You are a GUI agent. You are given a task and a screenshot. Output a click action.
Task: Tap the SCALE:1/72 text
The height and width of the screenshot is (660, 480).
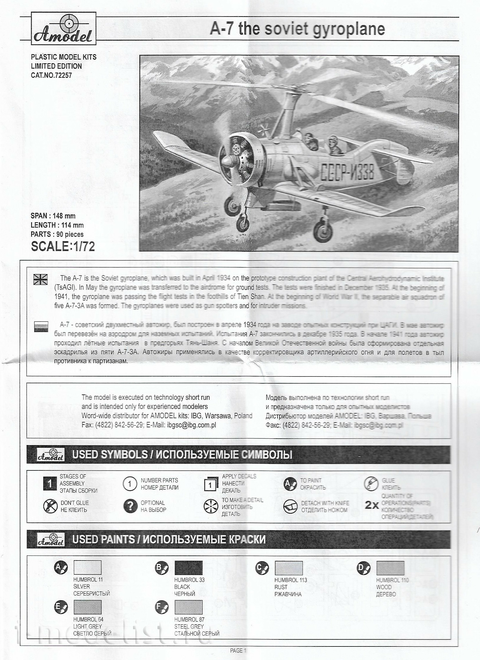[x=63, y=247]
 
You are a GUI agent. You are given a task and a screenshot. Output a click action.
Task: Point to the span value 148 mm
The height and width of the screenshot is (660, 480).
[x=64, y=216]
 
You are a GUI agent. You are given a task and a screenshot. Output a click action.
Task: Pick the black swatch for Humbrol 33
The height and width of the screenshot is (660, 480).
[x=188, y=568]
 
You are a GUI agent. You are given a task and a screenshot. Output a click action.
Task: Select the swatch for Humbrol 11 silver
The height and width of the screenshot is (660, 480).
[x=87, y=568]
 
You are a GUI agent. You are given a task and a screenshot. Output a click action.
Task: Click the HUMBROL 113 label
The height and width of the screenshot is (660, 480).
[x=290, y=580]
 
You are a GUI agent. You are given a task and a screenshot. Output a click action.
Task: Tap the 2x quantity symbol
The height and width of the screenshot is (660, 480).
[x=372, y=505]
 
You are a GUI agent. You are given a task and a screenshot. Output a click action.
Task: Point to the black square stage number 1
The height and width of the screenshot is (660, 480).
[x=50, y=484]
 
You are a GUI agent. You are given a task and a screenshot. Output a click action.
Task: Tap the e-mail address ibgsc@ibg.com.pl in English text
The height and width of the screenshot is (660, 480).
[x=191, y=425]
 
